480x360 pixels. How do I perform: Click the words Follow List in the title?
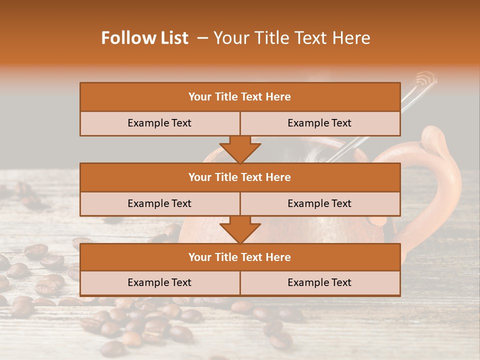point(145,38)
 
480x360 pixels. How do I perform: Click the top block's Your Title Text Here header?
point(239,97)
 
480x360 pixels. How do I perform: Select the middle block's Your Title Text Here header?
point(239,177)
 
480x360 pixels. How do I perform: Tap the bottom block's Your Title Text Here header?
point(239,257)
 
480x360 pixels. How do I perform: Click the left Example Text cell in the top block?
point(159,123)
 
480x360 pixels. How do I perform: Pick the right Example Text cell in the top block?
point(319,123)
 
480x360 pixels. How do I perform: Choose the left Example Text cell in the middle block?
point(159,204)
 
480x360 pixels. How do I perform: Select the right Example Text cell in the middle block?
point(319,204)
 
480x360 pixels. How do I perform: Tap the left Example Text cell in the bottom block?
point(159,283)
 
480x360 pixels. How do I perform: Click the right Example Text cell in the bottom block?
point(319,283)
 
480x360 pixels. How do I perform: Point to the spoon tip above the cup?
point(426,78)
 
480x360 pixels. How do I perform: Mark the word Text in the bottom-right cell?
point(341,283)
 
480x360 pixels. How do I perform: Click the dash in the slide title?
point(202,38)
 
